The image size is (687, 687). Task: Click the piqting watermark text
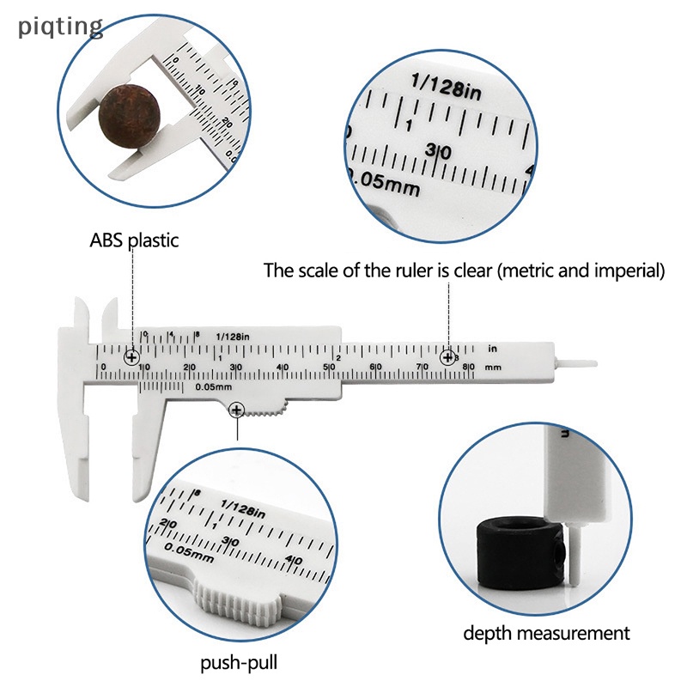[60, 27]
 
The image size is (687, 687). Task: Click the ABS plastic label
[135, 240]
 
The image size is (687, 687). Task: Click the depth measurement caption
[546, 634]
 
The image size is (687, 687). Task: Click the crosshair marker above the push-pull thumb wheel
[236, 411]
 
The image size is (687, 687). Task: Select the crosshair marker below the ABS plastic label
[131, 356]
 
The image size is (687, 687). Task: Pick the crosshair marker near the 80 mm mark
[447, 356]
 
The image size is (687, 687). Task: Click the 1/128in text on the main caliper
[233, 337]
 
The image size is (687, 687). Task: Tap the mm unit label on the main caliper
[493, 367]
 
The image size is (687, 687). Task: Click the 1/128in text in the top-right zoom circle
[447, 87]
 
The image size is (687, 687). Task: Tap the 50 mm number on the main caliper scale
[329, 368]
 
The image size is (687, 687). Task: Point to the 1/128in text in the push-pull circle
[244, 508]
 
